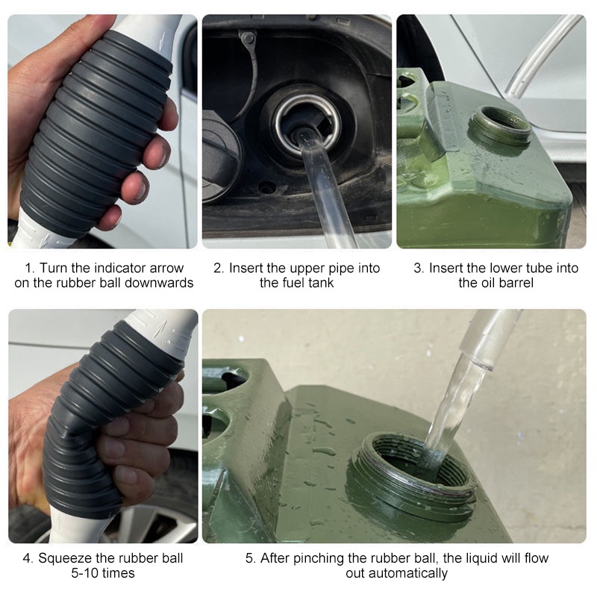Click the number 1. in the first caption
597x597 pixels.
(x=29, y=268)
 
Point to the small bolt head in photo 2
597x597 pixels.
(x=248, y=38)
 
